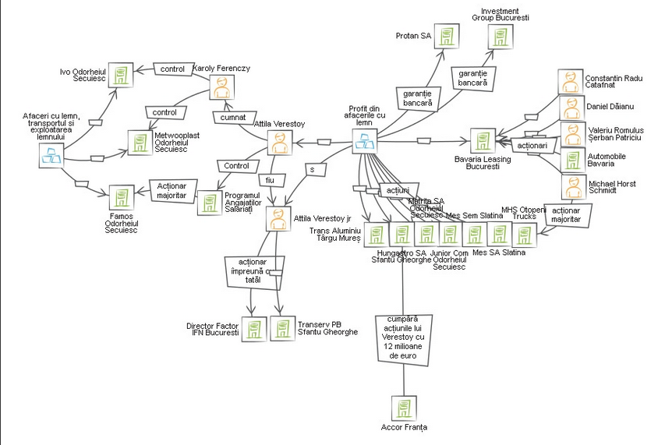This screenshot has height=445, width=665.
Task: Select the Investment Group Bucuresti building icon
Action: (x=499, y=37)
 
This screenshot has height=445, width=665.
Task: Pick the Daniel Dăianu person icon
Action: (x=571, y=107)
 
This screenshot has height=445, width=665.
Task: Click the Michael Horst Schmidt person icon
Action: (x=571, y=186)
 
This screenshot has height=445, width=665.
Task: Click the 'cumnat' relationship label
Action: (x=232, y=118)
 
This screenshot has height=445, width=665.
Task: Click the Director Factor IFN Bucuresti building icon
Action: (x=252, y=327)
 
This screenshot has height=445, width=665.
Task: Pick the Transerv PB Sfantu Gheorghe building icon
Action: (x=280, y=327)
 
